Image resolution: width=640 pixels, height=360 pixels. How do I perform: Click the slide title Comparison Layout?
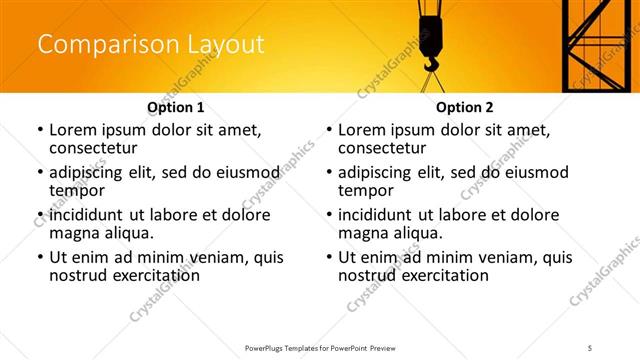coord(151,45)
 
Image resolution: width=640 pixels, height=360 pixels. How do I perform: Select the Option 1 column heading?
coord(176,107)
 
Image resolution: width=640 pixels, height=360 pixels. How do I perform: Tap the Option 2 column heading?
coord(465,107)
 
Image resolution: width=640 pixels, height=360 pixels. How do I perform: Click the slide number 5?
coord(590,347)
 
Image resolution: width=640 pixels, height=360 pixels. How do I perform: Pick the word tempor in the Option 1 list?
coord(75,191)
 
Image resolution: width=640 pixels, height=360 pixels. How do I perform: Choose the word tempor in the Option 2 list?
coord(364,191)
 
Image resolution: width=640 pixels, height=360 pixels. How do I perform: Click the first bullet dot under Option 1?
coord(39,131)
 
